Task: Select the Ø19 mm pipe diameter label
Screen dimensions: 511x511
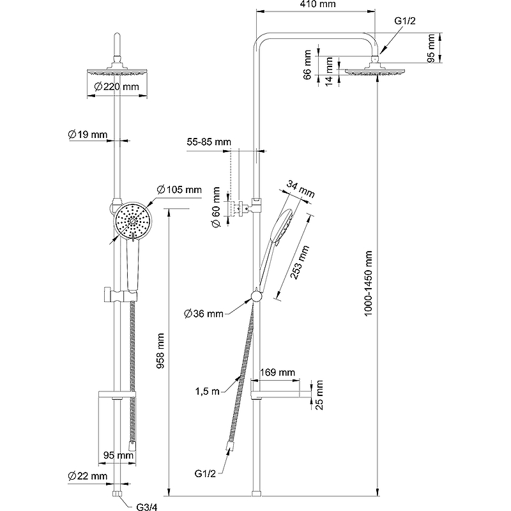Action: click(88, 134)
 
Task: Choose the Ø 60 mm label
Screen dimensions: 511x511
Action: click(217, 206)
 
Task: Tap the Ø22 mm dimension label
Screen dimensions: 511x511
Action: click(88, 476)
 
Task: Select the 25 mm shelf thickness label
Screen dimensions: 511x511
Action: click(319, 394)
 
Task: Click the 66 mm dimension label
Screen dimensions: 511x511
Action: click(307, 65)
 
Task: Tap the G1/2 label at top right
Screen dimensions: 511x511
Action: click(405, 21)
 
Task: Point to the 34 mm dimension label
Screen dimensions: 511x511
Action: click(301, 189)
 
